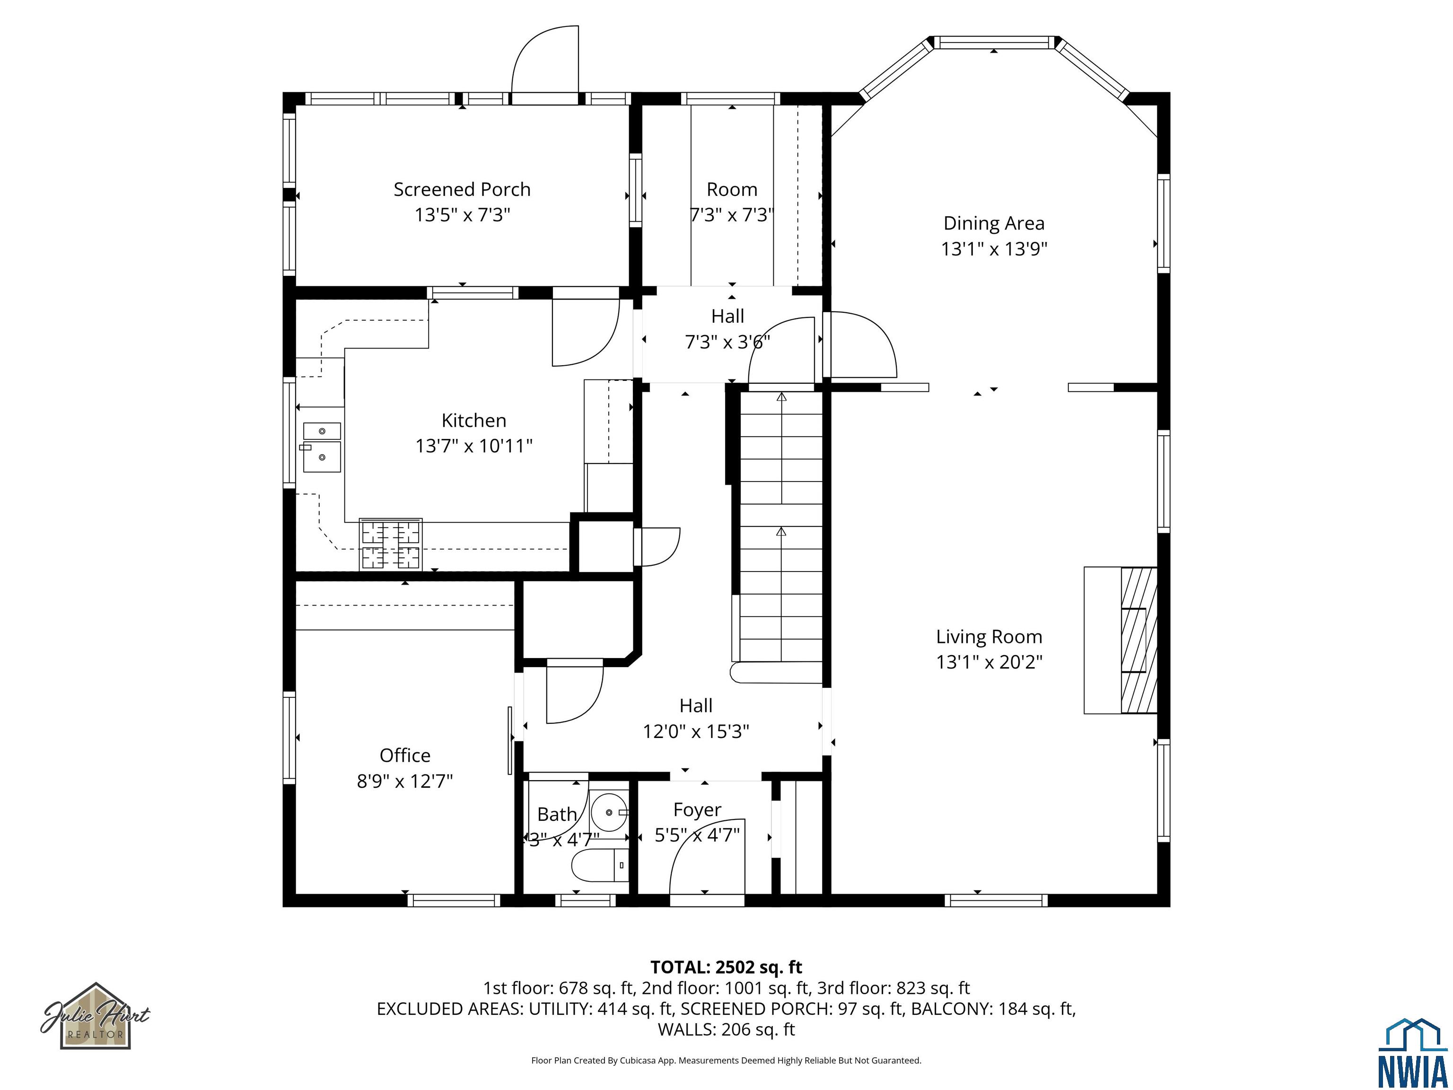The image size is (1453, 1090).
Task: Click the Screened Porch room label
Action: tap(462, 190)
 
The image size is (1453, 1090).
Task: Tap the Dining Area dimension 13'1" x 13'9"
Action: tap(993, 249)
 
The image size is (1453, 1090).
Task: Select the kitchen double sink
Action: tap(322, 448)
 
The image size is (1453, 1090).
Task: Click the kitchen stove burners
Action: tap(391, 544)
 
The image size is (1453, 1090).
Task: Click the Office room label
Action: tap(404, 756)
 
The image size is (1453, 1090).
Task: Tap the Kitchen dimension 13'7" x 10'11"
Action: tap(473, 446)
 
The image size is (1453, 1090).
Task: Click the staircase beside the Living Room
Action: tap(781, 526)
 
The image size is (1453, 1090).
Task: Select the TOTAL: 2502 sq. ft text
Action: tap(726, 967)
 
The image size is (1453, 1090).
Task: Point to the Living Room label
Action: tap(989, 637)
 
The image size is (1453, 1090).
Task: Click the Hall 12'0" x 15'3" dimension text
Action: tap(696, 731)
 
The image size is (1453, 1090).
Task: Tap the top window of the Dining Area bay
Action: tap(993, 43)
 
